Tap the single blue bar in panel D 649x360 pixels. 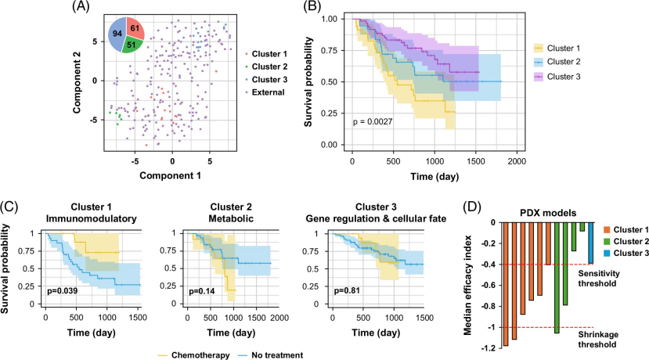pos(590,242)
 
